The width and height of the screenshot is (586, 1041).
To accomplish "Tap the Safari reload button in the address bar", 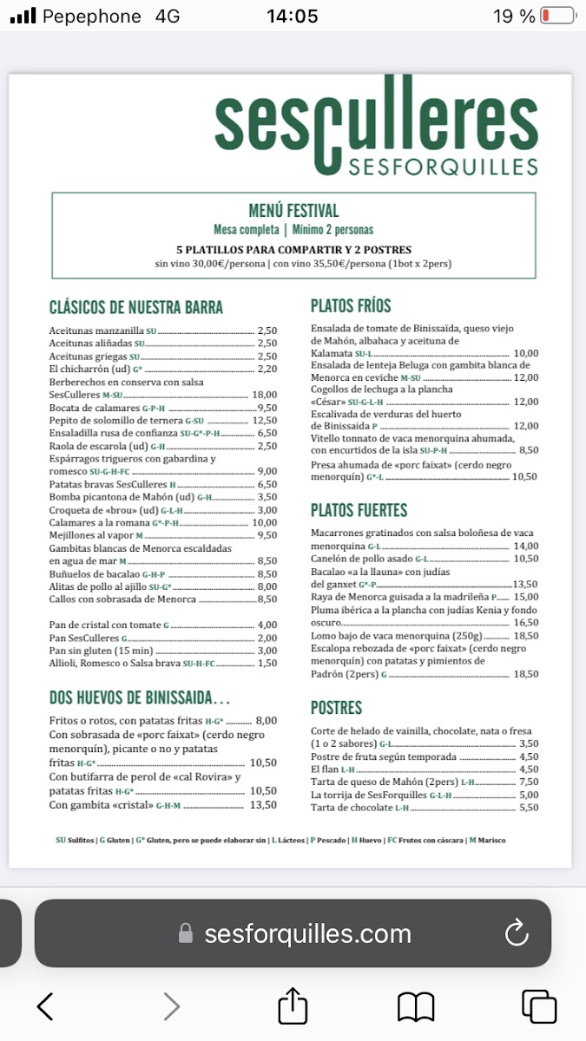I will coord(517,933).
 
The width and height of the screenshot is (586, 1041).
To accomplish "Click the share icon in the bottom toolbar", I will coord(293,1006).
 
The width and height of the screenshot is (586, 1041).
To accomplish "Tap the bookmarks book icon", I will coord(416,1006).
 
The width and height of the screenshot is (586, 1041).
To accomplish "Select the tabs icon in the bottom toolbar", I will coord(539,1006).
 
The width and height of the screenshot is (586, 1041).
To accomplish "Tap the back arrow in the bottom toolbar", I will coord(45,1006).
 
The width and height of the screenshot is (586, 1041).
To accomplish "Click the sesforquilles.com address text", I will coord(307,933).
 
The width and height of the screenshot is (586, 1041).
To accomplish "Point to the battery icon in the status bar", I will coord(557,16).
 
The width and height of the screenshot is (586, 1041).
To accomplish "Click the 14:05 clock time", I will coord(292,16).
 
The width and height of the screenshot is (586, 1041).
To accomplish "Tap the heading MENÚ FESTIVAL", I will coord(293,211).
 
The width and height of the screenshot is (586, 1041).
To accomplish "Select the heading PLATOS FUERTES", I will coord(359,510).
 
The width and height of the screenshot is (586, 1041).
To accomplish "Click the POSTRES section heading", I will coord(336,708).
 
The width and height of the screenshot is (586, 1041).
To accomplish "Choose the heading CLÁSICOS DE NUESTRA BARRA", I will coord(136,307).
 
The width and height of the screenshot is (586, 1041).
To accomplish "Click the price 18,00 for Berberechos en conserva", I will coord(264,395).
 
